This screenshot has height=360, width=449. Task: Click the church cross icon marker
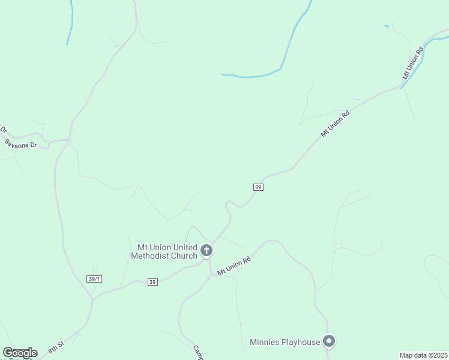click(x=206, y=250)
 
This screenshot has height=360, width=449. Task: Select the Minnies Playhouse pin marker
click(x=329, y=342)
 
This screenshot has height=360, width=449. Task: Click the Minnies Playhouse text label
click(x=285, y=343)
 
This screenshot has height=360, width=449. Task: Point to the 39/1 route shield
click(x=94, y=279)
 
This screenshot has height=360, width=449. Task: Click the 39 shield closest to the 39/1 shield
click(x=152, y=282)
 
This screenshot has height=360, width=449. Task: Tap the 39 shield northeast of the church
click(x=258, y=187)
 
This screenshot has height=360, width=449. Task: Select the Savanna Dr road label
click(x=20, y=144)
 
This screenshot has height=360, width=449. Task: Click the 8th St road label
click(x=56, y=347)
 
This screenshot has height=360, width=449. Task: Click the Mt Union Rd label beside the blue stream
click(x=413, y=63)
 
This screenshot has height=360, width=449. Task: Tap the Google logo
click(x=20, y=353)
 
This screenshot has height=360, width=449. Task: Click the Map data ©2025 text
click(x=423, y=355)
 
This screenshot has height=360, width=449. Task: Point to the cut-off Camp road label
click(x=199, y=352)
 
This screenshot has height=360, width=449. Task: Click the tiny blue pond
click(x=386, y=26)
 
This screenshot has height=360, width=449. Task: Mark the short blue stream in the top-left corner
click(x=71, y=24)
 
